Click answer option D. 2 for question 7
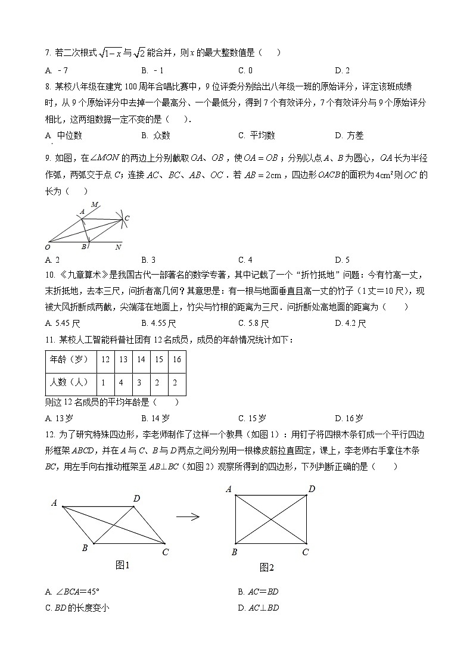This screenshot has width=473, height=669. pos(342,70)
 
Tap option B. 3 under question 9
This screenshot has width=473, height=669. pos(148,260)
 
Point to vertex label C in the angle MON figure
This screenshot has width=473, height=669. pos(127,219)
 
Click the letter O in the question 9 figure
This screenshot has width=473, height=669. pos(48,246)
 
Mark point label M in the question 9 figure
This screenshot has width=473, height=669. pos(94,204)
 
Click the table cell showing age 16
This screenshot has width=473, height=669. pos(176,360)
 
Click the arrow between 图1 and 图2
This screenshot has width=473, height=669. pos(187,516)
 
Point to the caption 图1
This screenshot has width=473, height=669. pos(123,565)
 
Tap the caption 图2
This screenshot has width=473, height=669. pos(266,568)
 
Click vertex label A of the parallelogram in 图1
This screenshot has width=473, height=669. pos(54,503)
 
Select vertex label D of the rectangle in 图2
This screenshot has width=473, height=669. pos(311,489)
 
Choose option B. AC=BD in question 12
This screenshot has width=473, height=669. pos(258,592)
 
